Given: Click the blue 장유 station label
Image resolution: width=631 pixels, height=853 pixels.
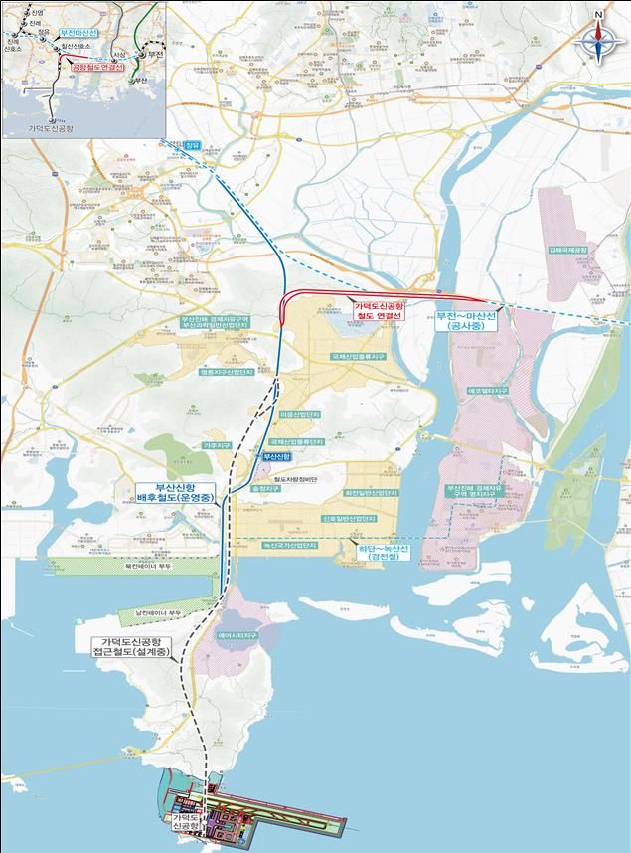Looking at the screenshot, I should [x=192, y=147].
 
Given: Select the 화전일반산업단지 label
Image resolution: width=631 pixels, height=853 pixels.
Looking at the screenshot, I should [x=371, y=492].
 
